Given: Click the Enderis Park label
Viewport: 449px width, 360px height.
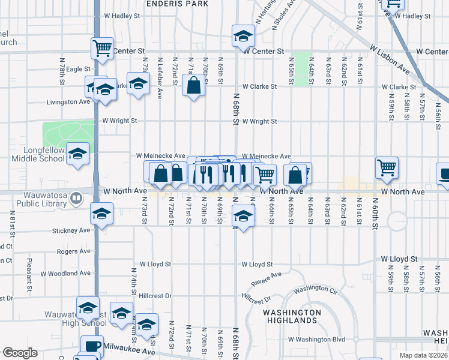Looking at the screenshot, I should [179, 4].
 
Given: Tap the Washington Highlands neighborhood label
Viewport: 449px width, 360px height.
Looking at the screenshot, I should [292, 316].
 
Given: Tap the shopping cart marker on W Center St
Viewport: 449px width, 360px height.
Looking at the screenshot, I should [103, 48].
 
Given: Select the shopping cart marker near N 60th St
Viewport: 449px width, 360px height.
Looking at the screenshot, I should [387, 167].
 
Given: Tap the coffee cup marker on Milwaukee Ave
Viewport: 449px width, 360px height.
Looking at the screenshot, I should [92, 346].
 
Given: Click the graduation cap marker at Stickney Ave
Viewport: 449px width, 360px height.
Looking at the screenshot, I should [101, 214].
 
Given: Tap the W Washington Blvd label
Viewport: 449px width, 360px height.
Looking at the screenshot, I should [316, 339].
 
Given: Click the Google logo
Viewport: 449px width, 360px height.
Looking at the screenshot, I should [20, 353].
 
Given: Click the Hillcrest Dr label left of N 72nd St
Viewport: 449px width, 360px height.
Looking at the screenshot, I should [155, 296].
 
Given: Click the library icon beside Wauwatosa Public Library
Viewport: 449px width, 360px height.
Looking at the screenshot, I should [76, 197].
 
